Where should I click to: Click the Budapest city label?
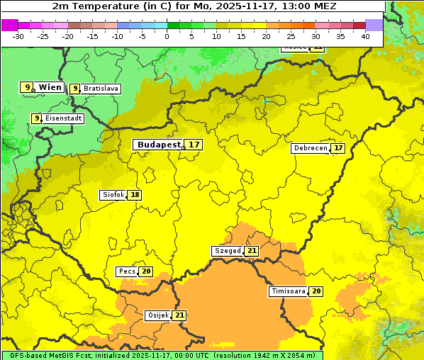click(x=159, y=144)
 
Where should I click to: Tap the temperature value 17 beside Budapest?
click(x=194, y=144)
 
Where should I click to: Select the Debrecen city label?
click(x=310, y=148)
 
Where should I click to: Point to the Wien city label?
click(x=50, y=87)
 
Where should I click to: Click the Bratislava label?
click(x=100, y=89)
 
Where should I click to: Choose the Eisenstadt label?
click(x=64, y=118)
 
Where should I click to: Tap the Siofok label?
click(x=113, y=194)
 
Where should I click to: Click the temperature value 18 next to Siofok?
click(x=135, y=194)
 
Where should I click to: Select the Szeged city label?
click(x=227, y=251)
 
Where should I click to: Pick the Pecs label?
click(x=127, y=271)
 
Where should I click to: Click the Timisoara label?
click(x=288, y=291)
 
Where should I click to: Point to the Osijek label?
click(x=157, y=315)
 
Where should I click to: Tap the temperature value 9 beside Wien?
click(x=28, y=87)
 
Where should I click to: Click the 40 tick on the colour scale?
click(x=365, y=36)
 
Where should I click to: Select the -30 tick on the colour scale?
click(x=18, y=36)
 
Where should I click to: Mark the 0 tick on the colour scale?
click(x=167, y=36)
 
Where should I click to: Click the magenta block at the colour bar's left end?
click(x=9, y=25)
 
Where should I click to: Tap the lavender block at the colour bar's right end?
click(x=374, y=25)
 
